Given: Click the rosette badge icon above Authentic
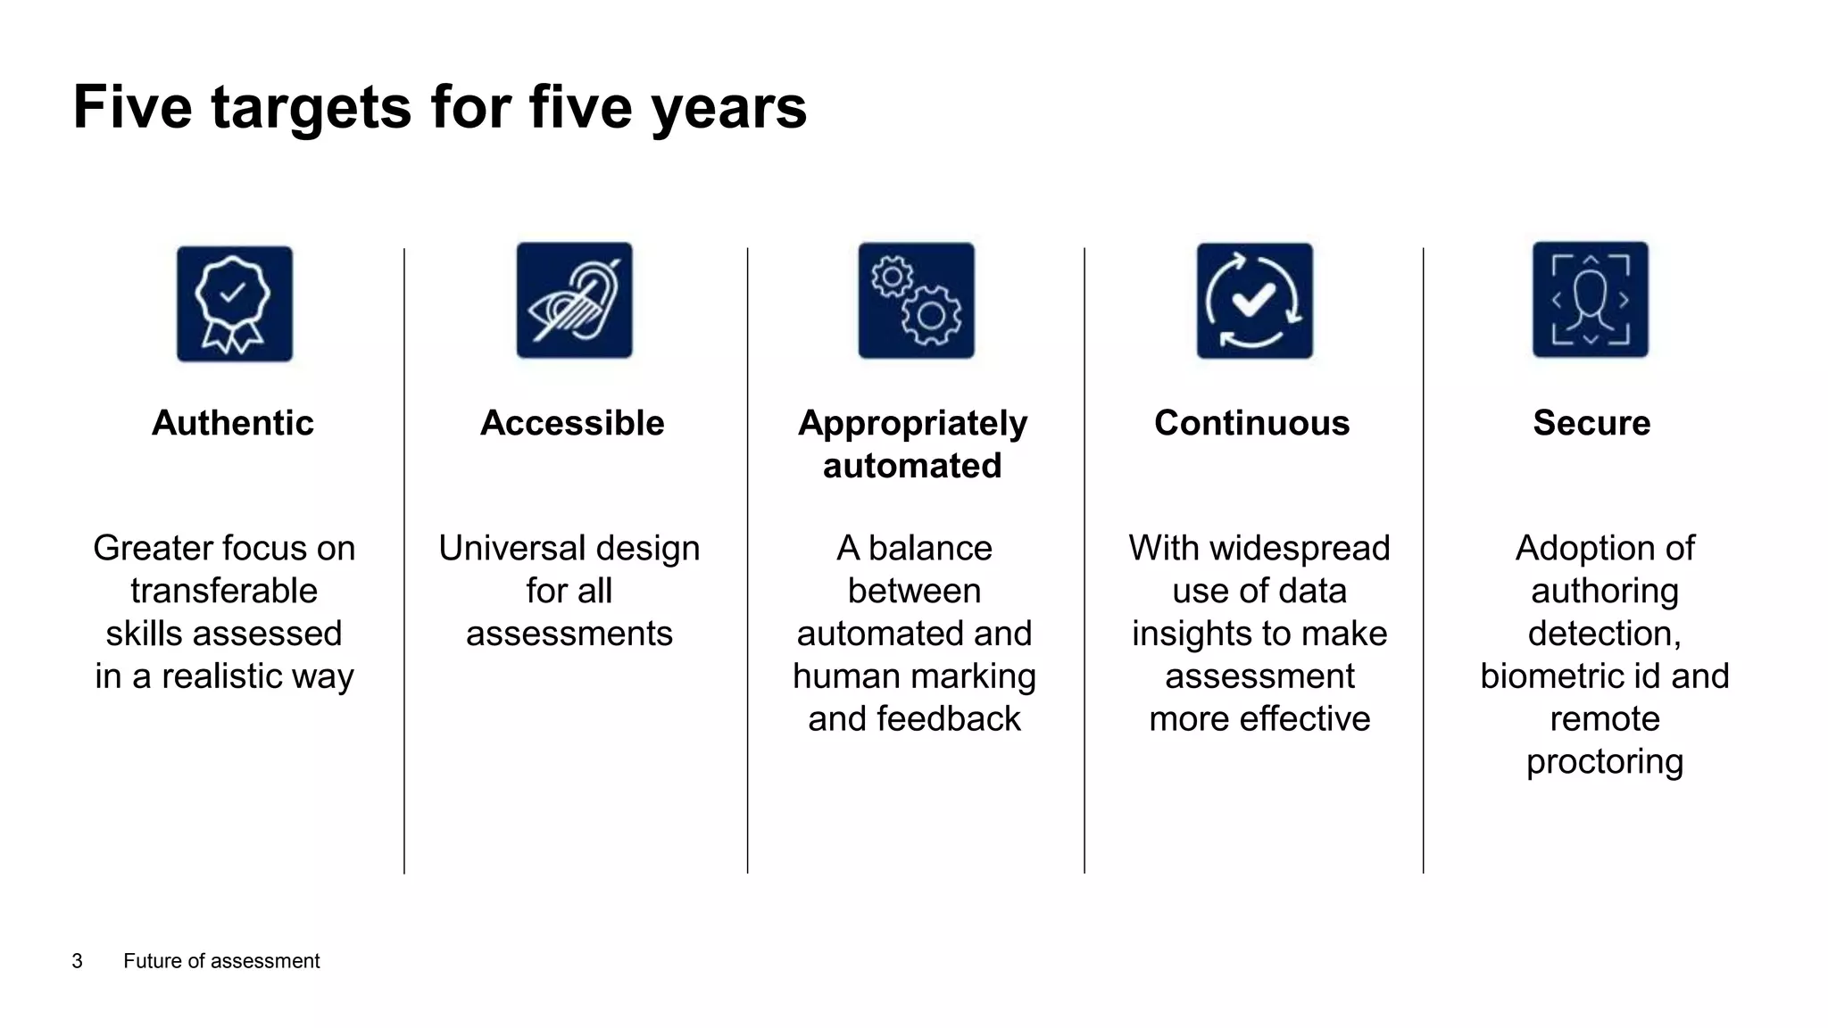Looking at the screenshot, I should tap(235, 304).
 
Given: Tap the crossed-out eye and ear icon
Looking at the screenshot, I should tap(574, 301).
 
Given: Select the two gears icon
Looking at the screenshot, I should tap(917, 301).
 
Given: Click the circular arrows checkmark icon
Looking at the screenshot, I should tap(1254, 301).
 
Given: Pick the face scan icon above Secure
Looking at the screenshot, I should tap(1591, 300).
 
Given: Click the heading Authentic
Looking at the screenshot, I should tap(233, 423).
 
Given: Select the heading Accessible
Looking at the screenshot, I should tap(572, 423).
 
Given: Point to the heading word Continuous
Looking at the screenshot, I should tap(1251, 423).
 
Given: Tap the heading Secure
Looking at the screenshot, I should tap(1591, 423).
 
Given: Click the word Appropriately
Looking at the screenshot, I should tap(912, 423).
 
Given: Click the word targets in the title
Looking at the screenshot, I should tap(311, 107).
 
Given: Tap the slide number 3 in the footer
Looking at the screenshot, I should tap(78, 961).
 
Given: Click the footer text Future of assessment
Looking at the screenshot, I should tap(221, 961).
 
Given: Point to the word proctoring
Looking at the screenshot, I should tap(1604, 761).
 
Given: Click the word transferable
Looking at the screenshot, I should tap(224, 591).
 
